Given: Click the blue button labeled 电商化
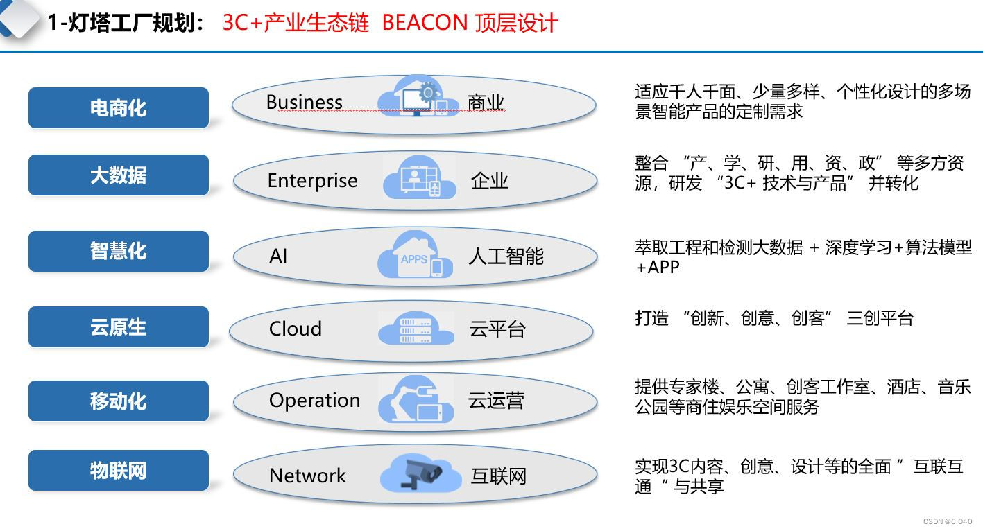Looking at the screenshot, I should pos(118,108).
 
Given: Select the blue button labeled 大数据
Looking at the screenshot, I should pos(118,175).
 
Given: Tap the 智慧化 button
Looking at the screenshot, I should pos(118,251).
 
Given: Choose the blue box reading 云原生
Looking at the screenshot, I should pos(118,327).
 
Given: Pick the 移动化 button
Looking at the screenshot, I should pos(118,401).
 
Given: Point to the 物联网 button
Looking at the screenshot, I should pos(118,471).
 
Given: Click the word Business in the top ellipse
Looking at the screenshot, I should pos(304,103).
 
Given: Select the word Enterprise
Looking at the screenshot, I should pos(312,181).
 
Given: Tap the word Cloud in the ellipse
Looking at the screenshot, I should pos(295,329).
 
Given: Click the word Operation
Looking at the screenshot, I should pos(314,401).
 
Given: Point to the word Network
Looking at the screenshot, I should pos(307,476).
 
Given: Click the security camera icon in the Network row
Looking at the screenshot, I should pos(422,474).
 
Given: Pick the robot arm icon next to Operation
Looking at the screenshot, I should pos(416,401).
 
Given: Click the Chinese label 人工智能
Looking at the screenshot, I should pos(506,256).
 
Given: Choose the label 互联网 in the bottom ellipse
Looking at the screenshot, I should pos(498,476).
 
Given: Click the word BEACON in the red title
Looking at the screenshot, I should pos(425,23).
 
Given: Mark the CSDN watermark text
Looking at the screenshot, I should pos(948,521).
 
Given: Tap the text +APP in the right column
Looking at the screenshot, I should pos(657,268).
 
